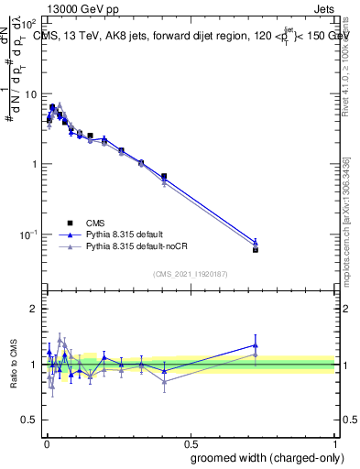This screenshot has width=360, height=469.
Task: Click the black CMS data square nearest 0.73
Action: pyautogui.click(x=256, y=249)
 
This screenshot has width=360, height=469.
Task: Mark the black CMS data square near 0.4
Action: pyautogui.click(x=164, y=176)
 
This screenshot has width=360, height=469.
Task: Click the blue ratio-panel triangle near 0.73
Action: pyautogui.click(x=256, y=345)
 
